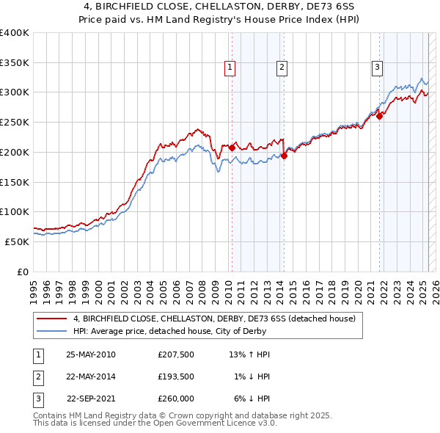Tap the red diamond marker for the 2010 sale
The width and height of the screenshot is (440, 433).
(x=232, y=148)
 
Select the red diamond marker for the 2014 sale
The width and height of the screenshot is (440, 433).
(x=284, y=155)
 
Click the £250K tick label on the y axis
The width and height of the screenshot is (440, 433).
(x=15, y=122)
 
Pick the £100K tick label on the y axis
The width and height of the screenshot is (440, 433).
(x=15, y=211)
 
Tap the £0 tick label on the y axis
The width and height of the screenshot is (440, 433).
(x=22, y=272)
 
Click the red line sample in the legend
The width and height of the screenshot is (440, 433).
(x=51, y=319)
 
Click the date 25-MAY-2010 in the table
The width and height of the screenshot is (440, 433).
(x=91, y=355)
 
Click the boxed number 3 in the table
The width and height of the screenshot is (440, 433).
(x=37, y=399)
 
